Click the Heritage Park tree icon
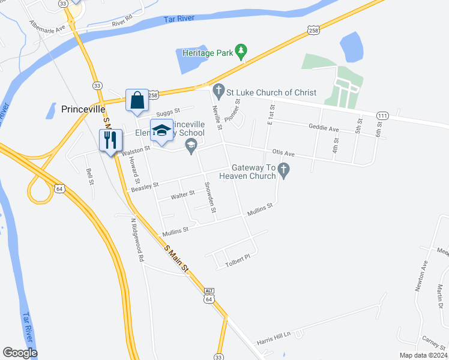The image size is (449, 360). tap(241, 52)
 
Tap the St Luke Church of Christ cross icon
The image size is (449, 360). tap(217, 92)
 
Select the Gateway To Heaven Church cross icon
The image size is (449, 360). tap(285, 172)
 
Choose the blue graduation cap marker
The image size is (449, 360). tap(160, 131)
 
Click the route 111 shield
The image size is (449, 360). tap(382, 115)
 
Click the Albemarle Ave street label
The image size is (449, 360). tap(47, 28)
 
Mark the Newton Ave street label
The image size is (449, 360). tap(421, 277)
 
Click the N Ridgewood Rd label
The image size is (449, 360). tap(137, 239)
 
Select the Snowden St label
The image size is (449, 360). tap(210, 197)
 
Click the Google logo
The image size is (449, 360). tap(20, 353)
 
